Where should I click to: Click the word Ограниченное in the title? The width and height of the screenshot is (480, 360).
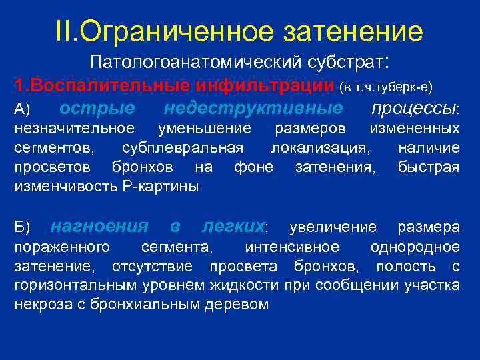coord(174,31)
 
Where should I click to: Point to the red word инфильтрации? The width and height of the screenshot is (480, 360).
coord(267,87)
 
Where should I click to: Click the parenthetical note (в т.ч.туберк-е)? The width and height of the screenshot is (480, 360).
coord(387,87)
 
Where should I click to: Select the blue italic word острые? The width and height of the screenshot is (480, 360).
coord(97,108)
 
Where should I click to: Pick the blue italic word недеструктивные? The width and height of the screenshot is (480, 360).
coord(253,108)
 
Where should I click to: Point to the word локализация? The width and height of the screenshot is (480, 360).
coord(322,147)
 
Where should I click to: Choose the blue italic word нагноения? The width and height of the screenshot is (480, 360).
coord(99,227)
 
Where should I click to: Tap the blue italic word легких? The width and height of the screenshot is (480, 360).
coord(233,227)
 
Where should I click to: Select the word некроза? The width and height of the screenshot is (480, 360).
coord(42,305)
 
